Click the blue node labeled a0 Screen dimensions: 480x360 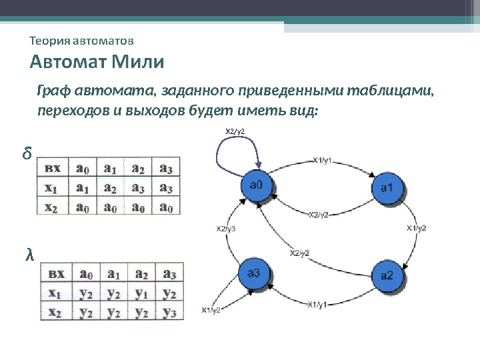click(257, 186)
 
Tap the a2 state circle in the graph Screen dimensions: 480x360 click(387, 275)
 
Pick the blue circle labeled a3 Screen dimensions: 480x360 click(257, 274)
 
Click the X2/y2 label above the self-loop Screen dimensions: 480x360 click(235, 131)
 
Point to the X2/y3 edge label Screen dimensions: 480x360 click(225, 229)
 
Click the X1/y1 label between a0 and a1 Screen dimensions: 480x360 click(323, 160)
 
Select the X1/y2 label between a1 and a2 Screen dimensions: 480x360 click(416, 228)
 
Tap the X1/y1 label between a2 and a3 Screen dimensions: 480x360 click(317, 305)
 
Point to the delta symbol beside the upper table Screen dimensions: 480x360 click(26, 155)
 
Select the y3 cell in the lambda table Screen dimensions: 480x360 click(169, 311)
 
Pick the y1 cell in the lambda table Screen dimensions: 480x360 click(141, 292)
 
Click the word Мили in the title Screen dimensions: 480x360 click(139, 63)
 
